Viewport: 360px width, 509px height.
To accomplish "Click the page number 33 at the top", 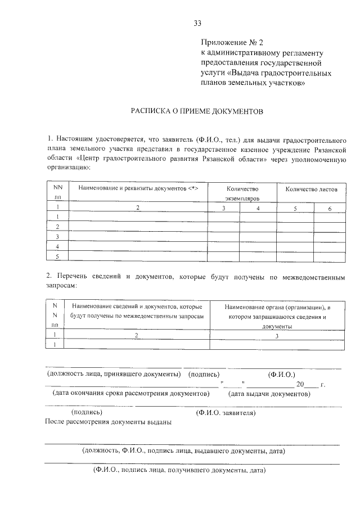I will pyautogui.click(x=197, y=24).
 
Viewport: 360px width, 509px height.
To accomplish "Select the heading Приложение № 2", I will pyautogui.click(x=232, y=43).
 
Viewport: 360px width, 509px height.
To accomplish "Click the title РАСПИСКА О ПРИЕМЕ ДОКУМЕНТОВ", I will pyautogui.click(x=197, y=111).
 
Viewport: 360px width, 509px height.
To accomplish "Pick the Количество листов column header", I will pyautogui.click(x=311, y=189).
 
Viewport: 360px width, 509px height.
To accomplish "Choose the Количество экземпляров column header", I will pyautogui.click(x=241, y=194).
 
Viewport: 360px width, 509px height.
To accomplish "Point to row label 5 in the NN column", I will pyautogui.click(x=57, y=256).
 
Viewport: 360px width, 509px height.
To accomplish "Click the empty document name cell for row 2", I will pyautogui.click(x=138, y=227).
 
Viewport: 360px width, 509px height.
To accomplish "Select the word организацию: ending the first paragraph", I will pyautogui.click(x=66, y=167).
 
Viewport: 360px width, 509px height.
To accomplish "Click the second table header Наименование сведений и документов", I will pyautogui.click(x=137, y=312).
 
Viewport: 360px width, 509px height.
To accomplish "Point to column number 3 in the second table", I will pyautogui.click(x=276, y=335).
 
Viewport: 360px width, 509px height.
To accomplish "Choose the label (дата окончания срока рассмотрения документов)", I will pyautogui.click(x=130, y=394).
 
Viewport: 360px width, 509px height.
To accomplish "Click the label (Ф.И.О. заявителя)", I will pyautogui.click(x=225, y=413).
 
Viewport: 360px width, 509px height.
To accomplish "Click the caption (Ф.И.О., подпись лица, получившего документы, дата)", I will pyautogui.click(x=179, y=470).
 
